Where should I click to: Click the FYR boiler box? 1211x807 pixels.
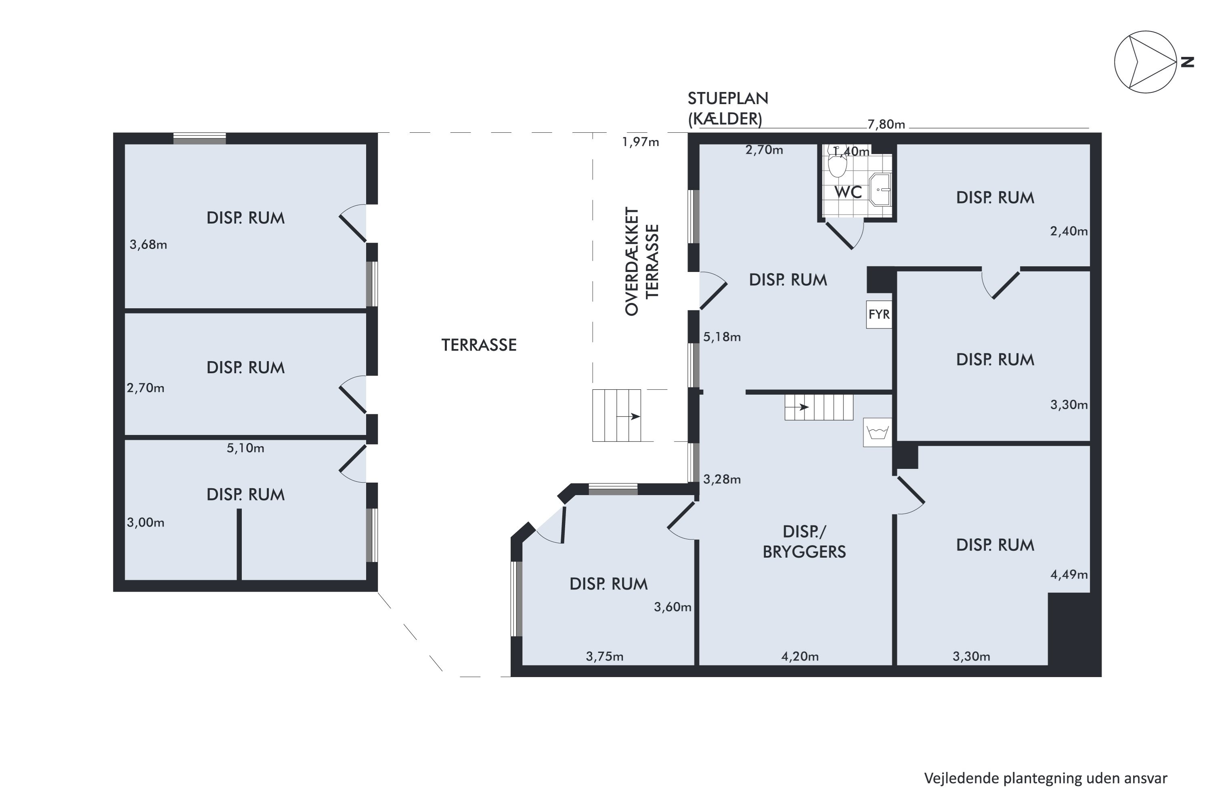tap(879, 314)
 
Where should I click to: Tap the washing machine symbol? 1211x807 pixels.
tap(878, 432)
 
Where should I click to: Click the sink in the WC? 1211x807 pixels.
tap(880, 189)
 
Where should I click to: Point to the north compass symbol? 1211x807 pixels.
tap(1152, 62)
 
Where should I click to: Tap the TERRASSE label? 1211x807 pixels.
tap(479, 345)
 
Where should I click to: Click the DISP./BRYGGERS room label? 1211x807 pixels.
tap(804, 541)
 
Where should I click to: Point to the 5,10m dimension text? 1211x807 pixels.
tap(245, 448)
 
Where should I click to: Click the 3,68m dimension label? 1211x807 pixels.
tap(148, 245)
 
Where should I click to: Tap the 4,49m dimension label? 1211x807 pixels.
tap(1069, 574)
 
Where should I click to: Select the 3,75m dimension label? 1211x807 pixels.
tap(604, 657)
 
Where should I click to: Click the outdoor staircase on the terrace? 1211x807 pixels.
tap(617, 415)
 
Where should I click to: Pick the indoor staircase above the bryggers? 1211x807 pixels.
tap(819, 407)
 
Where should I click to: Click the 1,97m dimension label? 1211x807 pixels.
tap(641, 142)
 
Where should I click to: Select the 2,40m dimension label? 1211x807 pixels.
tap(1069, 231)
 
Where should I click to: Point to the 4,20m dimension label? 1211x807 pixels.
tap(800, 657)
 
